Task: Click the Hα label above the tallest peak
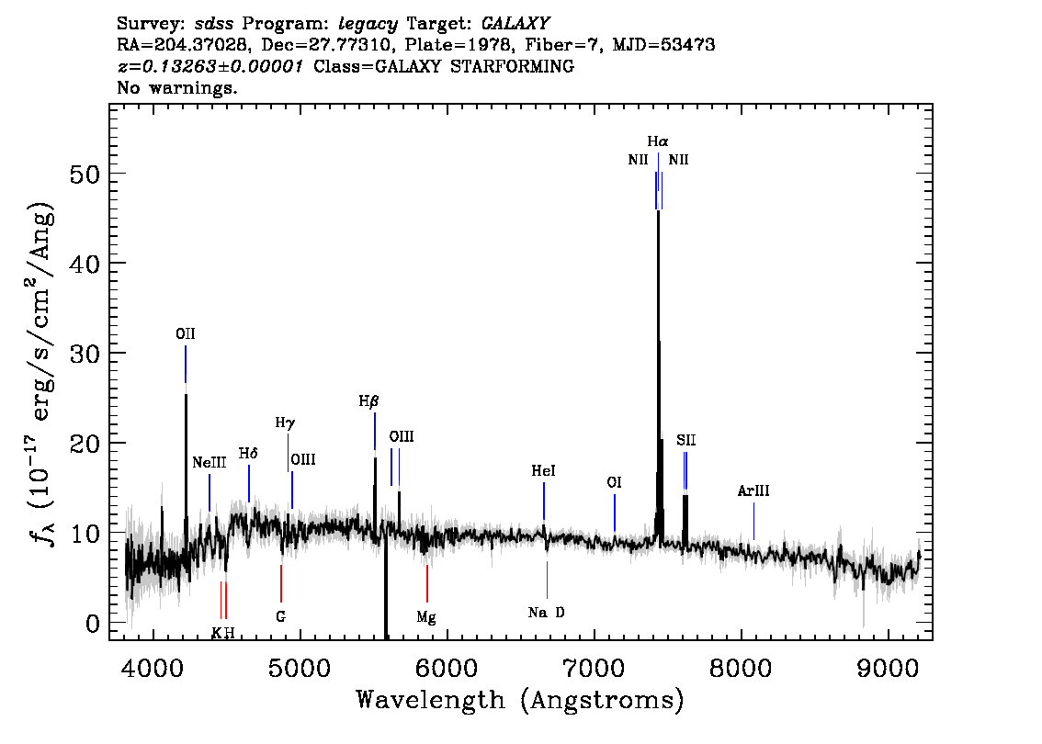point(658,141)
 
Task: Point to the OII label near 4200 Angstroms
point(186,334)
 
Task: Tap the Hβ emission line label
point(368,401)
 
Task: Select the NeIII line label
point(210,462)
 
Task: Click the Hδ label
point(248,453)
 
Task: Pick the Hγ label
point(285,423)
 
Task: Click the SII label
point(686,440)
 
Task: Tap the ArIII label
point(753,490)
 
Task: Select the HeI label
point(544,471)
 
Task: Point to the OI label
point(614,482)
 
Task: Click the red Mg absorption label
point(426,617)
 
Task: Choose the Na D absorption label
point(546,613)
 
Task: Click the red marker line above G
point(281,583)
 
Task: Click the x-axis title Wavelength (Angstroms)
point(520,701)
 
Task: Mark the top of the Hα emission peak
point(658,211)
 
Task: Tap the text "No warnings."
point(176,87)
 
